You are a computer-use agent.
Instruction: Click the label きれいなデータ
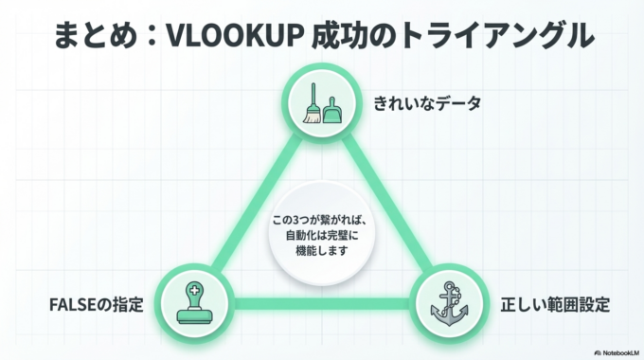[427, 102]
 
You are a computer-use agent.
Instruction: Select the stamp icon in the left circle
[193, 302]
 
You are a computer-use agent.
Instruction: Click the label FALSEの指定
[97, 305]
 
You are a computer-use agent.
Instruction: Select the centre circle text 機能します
[321, 251]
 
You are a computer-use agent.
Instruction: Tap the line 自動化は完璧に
[322, 235]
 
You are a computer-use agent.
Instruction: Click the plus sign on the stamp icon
[193, 291]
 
